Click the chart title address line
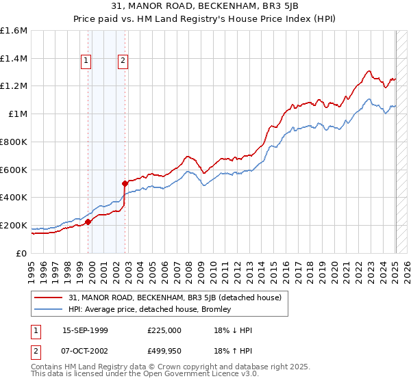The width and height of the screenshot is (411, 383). click(x=206, y=8)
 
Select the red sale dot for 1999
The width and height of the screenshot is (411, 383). click(x=88, y=221)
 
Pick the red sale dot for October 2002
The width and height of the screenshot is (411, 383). click(x=125, y=183)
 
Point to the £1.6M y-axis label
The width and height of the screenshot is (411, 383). click(x=14, y=31)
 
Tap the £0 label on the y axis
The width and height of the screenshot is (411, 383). click(x=22, y=253)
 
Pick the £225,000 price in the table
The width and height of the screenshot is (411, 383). click(x=164, y=330)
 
